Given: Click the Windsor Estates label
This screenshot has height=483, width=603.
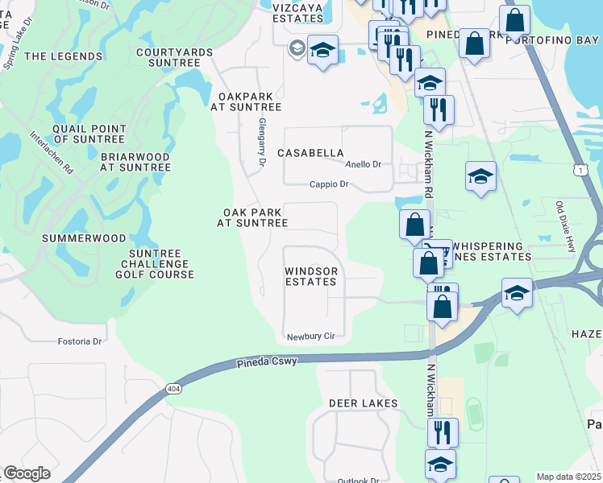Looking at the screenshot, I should click(x=310, y=277).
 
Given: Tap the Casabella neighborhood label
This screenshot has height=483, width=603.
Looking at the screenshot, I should click(x=310, y=153).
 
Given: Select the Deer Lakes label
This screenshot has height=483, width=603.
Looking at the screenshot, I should click(x=363, y=402).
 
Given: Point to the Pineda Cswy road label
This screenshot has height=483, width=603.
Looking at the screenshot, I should click(x=267, y=362).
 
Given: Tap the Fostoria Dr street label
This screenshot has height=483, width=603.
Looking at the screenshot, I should click(x=80, y=341).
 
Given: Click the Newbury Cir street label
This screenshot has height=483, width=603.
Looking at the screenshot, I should click(x=310, y=335).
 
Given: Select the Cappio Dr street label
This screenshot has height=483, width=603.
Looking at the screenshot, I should click(x=329, y=184).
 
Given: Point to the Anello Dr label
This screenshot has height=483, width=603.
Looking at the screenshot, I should click(x=363, y=164).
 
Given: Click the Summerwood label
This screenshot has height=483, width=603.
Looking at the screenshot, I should click(x=84, y=238).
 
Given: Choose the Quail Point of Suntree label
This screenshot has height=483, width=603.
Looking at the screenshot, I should click(x=89, y=134).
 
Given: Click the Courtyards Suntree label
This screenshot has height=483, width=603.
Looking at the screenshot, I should click(x=168, y=57).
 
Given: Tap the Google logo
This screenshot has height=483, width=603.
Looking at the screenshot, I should click(x=27, y=473).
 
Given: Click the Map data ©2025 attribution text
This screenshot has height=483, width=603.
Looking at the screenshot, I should click(x=568, y=477).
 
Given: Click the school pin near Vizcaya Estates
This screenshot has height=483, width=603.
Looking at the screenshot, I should click(x=322, y=52).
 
